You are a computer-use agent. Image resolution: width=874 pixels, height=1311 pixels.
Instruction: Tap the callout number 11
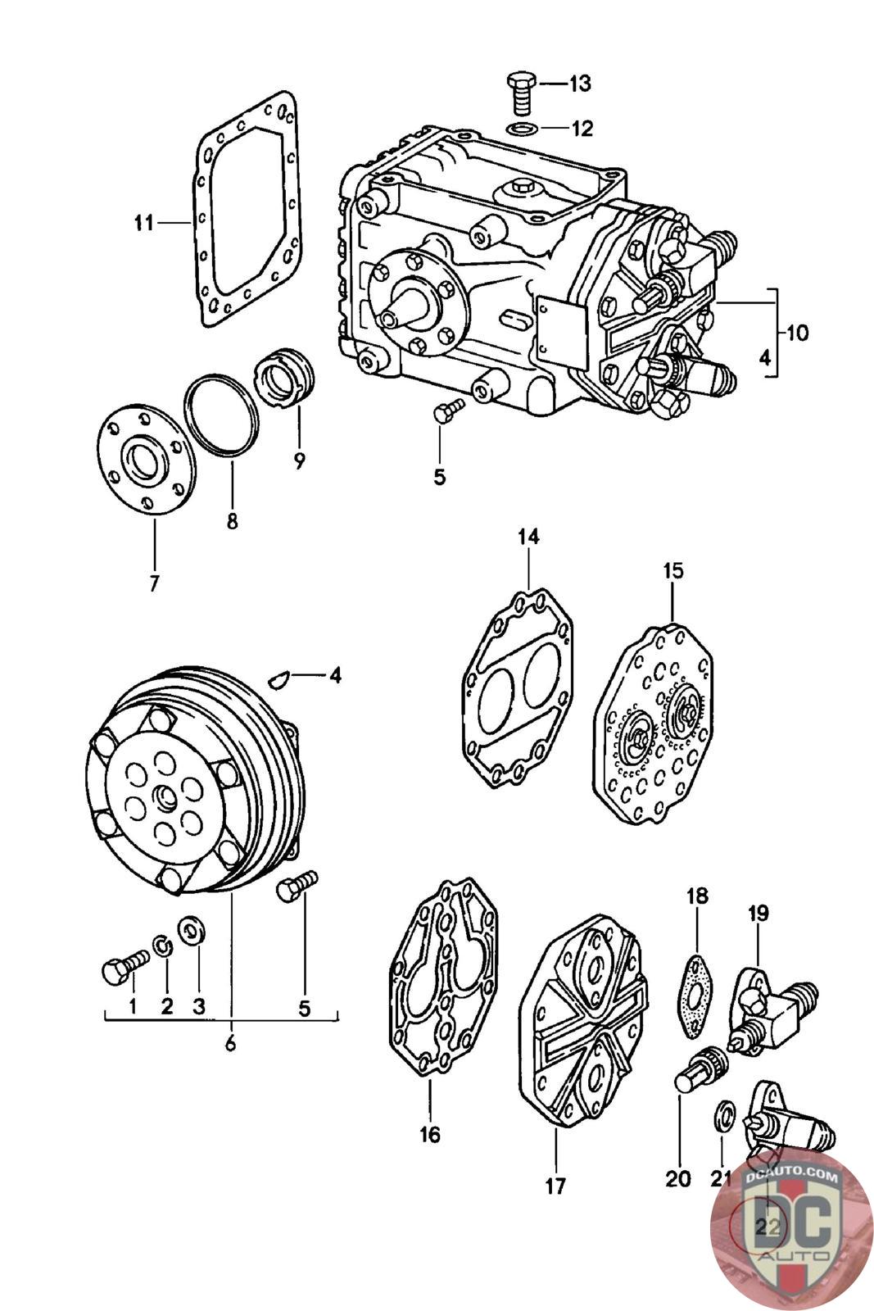point(144,223)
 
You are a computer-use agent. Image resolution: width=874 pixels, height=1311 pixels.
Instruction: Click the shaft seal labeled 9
point(287,378)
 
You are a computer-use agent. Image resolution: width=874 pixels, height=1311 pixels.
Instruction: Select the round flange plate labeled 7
point(146,459)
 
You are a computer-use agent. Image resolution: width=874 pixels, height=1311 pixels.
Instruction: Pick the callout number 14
point(528,537)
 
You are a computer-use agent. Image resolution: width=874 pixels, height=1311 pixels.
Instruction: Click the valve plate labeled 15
point(654,724)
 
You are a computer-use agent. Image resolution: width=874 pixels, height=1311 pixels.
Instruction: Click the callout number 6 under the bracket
point(230,1043)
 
